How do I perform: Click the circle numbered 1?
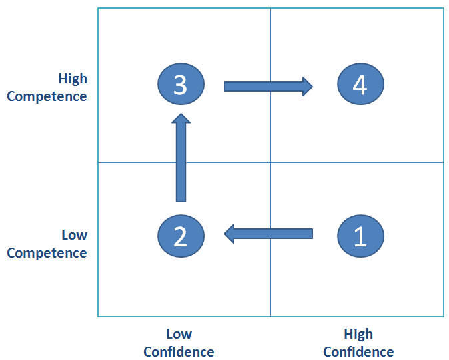360,236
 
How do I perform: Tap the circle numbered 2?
181,236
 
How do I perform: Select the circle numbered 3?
181,84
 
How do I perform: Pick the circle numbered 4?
360,84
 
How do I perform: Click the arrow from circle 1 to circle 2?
268,234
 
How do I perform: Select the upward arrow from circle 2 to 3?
181,158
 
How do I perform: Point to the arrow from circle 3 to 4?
268,87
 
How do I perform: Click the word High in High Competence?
73,79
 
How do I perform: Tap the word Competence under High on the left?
47,96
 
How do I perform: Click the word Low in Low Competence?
75,235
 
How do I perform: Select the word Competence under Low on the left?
47,253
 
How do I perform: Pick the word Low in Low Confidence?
179,334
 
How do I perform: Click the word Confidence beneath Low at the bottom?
179,352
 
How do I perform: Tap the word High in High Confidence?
358,334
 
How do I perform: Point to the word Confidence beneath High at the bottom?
358,352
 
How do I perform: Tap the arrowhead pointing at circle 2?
229,234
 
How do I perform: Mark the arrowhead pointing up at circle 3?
181,118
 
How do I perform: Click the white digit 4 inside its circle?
360,85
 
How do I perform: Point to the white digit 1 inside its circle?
361,236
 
